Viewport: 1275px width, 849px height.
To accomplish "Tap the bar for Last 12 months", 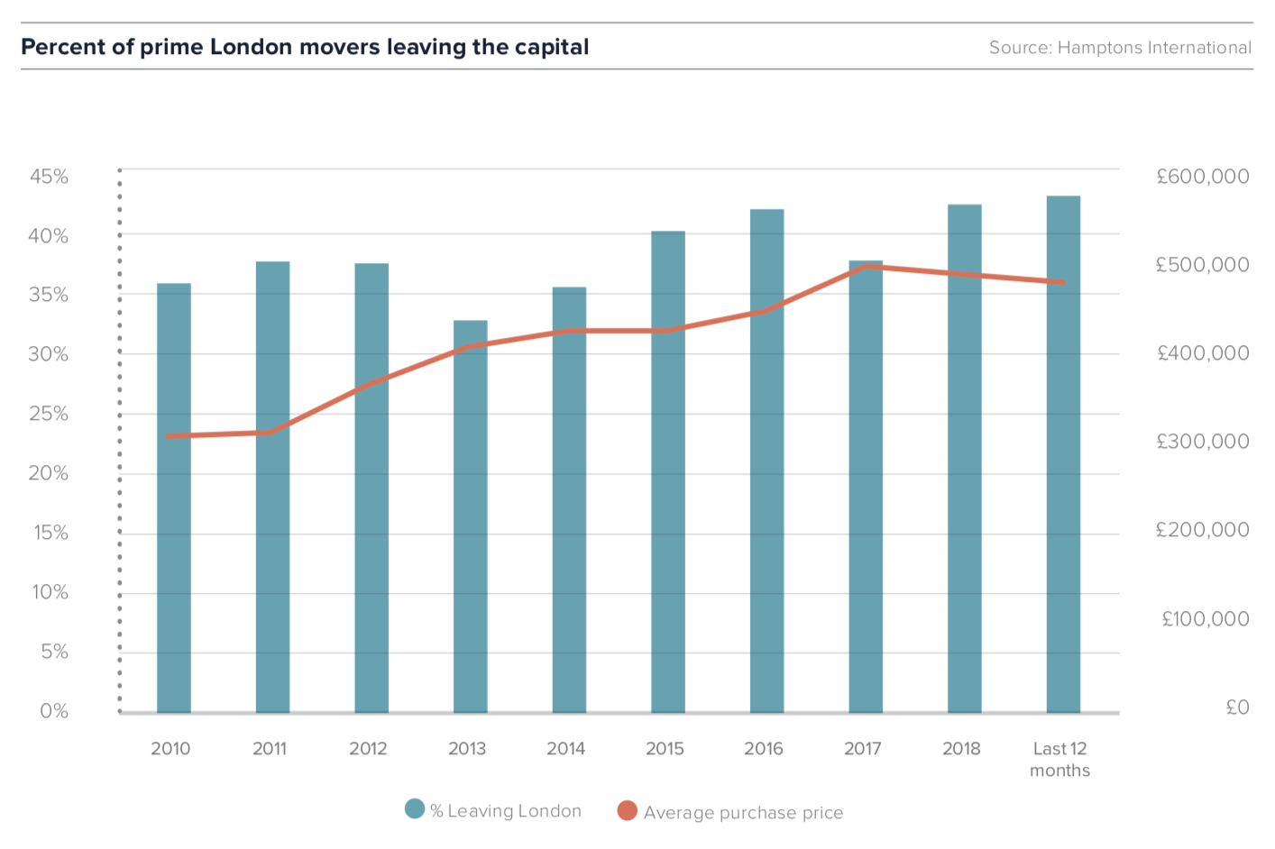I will tap(1063, 454).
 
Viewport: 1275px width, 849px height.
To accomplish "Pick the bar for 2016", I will tap(766, 461).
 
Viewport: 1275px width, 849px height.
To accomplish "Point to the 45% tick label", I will tap(49, 177).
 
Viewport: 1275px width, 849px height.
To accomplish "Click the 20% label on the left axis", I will tap(49, 473).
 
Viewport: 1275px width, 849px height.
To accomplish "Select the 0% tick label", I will tap(54, 711).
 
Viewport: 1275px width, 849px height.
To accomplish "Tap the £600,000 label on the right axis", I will tap(1203, 177).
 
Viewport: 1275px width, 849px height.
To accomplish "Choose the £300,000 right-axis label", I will tap(1203, 442).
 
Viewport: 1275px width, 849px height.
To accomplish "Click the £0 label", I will tap(1237, 707).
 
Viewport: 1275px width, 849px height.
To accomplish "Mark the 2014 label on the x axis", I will tap(565, 749).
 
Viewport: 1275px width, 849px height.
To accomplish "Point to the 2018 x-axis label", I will tap(961, 749).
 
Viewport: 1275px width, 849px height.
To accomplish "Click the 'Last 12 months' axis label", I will tap(1059, 759).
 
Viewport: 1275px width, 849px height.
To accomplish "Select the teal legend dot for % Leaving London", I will tap(415, 808).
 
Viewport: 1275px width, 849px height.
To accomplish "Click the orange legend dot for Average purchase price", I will tap(627, 811).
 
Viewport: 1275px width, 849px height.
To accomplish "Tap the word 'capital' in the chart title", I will tap(552, 48).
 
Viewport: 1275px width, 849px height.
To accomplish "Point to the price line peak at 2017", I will tap(866, 266).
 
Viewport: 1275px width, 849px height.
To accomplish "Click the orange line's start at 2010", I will tap(169, 436).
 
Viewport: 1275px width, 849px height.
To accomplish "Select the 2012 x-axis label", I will tap(368, 749).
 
